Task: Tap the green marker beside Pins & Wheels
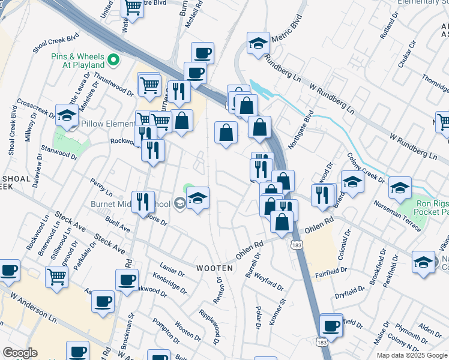click(x=113, y=61)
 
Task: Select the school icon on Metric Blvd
click(x=258, y=44)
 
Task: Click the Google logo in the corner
click(x=20, y=353)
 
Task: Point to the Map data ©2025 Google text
click(x=412, y=355)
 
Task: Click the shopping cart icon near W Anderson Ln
click(x=56, y=277)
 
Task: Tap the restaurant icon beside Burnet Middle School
click(x=142, y=201)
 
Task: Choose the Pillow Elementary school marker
click(x=67, y=115)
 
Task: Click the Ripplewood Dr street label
click(x=210, y=327)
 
